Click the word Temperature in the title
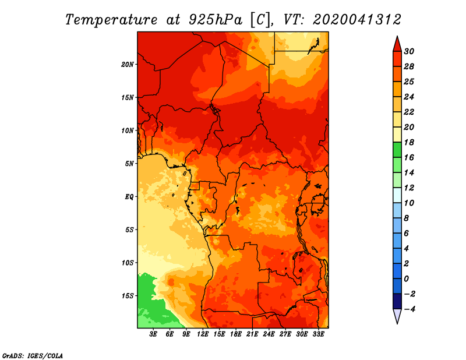[111, 20]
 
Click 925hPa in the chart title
[216, 20]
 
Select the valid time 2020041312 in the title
[357, 20]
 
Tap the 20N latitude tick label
[128, 65]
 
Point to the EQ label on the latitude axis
[129, 197]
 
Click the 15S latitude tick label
[128, 296]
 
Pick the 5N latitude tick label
[129, 164]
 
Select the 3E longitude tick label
[153, 334]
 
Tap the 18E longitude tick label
[236, 334]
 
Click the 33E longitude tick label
[318, 334]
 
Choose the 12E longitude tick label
[203, 334]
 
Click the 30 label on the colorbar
[409, 51]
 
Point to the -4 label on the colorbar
[409, 309]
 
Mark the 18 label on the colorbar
[409, 142]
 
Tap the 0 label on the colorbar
[407, 279]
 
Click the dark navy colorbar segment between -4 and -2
[397, 301]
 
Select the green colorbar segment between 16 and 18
[397, 150]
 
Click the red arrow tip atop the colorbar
[397, 36]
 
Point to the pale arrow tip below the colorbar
[397, 323]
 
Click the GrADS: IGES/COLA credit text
[33, 356]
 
